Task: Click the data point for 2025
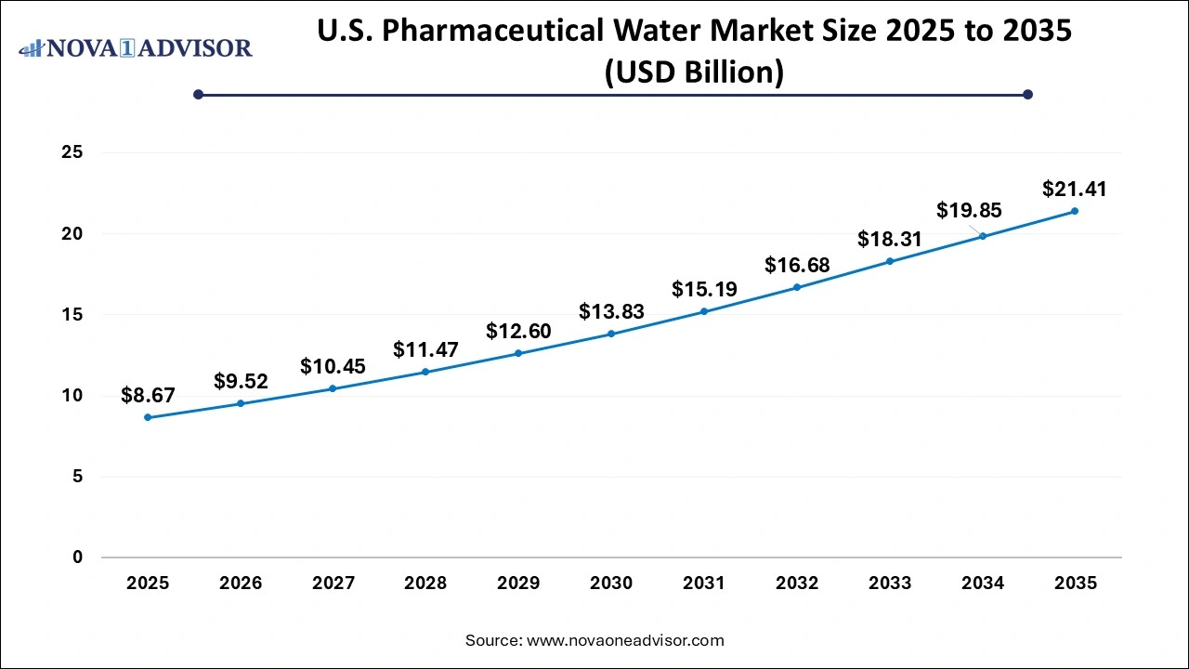point(148,417)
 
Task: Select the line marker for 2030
point(611,334)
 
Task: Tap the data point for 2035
point(1075,211)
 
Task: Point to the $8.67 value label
point(148,396)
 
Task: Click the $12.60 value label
point(518,331)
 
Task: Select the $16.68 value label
point(797,266)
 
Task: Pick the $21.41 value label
point(1075,190)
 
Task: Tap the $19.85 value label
point(969,210)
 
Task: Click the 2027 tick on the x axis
point(333,584)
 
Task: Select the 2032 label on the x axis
point(797,584)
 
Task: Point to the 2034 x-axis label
point(983,584)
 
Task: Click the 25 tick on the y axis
point(72,152)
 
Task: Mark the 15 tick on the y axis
point(72,315)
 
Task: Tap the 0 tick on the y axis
point(78,557)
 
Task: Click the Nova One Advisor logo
point(136,48)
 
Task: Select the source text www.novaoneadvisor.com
point(624,640)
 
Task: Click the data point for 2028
point(425,372)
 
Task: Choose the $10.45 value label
point(333,367)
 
